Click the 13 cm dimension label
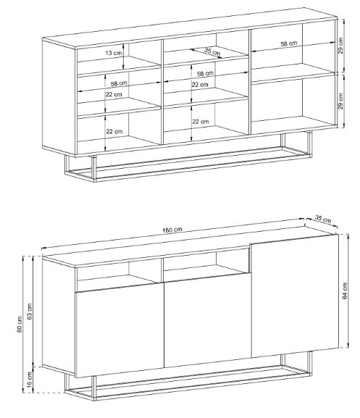(113, 53)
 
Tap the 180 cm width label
(172, 230)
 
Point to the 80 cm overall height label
(20, 325)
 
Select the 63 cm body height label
(29, 311)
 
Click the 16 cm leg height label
(29, 380)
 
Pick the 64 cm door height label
(345, 290)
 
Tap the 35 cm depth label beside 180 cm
(323, 219)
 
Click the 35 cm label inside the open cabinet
(212, 51)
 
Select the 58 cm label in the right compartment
(288, 43)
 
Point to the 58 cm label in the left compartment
(119, 83)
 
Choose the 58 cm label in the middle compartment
(205, 73)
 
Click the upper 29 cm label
(340, 46)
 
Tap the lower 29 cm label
(340, 101)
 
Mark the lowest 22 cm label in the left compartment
(114, 131)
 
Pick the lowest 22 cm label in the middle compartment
(201, 122)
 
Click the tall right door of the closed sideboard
(295, 296)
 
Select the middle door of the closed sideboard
(208, 320)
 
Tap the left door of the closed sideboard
(120, 330)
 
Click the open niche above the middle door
(206, 265)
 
